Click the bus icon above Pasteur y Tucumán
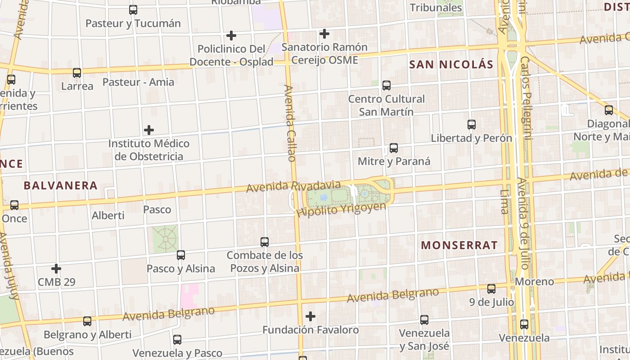(133, 10)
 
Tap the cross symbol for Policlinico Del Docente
(231, 35)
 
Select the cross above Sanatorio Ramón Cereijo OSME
(324, 33)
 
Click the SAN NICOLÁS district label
(451, 64)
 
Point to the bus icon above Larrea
(77, 72)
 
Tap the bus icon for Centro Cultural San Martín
(386, 85)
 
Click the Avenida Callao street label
(290, 123)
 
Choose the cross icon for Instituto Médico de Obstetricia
(149, 130)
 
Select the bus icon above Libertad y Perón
(472, 125)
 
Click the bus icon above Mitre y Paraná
(394, 148)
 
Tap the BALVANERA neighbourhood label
(60, 185)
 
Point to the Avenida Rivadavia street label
(293, 186)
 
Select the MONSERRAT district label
(459, 245)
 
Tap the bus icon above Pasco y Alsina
(180, 255)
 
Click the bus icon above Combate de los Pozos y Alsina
(265, 242)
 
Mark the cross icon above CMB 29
(56, 269)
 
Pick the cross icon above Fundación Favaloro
(310, 316)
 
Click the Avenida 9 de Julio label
(524, 223)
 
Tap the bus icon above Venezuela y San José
(424, 320)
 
